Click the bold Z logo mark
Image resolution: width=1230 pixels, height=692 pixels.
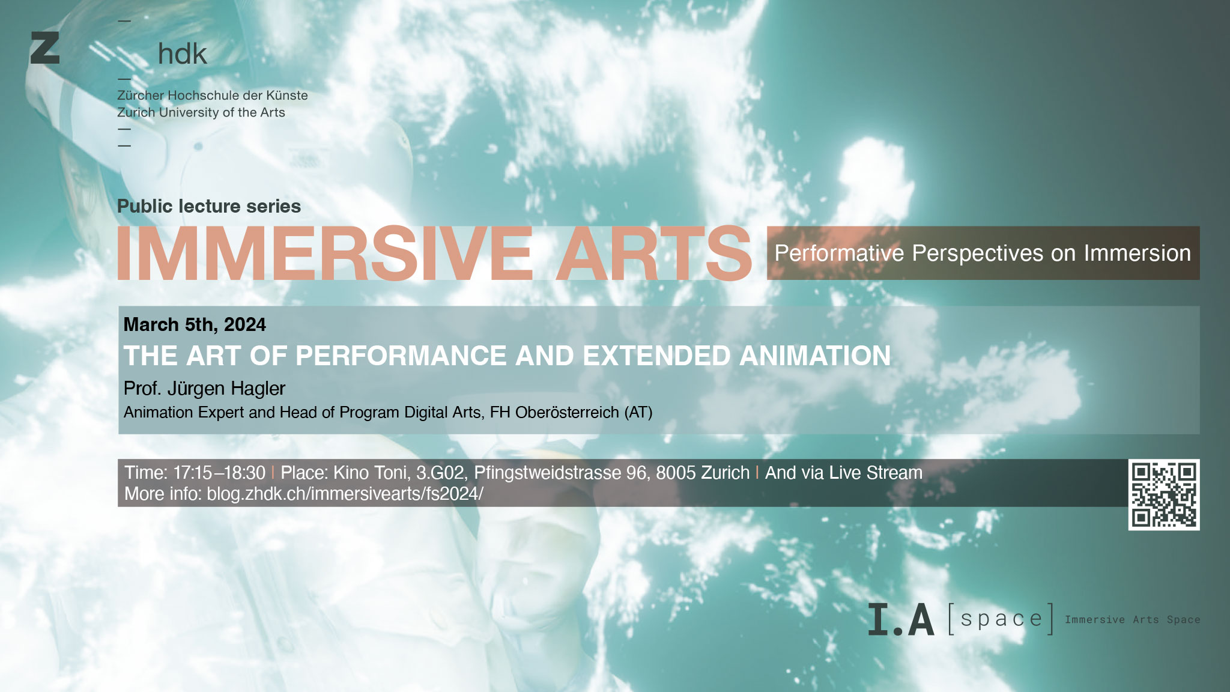point(45,48)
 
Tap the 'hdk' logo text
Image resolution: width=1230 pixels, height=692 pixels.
point(183,54)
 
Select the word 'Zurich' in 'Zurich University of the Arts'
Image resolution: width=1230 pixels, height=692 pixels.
point(136,112)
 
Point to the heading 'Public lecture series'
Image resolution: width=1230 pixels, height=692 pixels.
point(209,206)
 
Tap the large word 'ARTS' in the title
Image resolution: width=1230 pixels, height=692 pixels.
point(654,253)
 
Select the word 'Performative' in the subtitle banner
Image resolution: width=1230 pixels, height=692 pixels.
point(839,253)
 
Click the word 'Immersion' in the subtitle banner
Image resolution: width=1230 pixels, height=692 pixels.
point(1138,253)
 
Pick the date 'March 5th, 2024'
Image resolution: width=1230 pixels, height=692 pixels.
point(195,324)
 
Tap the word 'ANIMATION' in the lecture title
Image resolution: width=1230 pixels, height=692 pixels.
point(815,356)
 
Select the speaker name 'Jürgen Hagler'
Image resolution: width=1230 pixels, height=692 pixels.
point(226,389)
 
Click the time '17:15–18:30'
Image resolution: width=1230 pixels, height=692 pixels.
point(219,473)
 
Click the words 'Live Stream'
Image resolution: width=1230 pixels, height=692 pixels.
point(876,473)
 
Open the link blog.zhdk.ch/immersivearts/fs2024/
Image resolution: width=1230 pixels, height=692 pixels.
point(345,494)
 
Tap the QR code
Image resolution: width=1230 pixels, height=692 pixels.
point(1164,495)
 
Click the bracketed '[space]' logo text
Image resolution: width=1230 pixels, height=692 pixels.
point(1001,619)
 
